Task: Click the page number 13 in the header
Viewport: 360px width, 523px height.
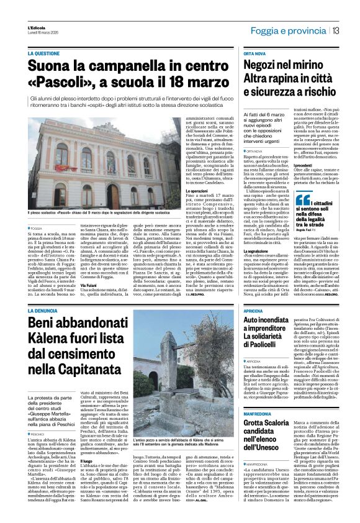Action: (x=335, y=30)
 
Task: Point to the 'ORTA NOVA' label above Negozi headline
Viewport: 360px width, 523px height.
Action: (x=254, y=54)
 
